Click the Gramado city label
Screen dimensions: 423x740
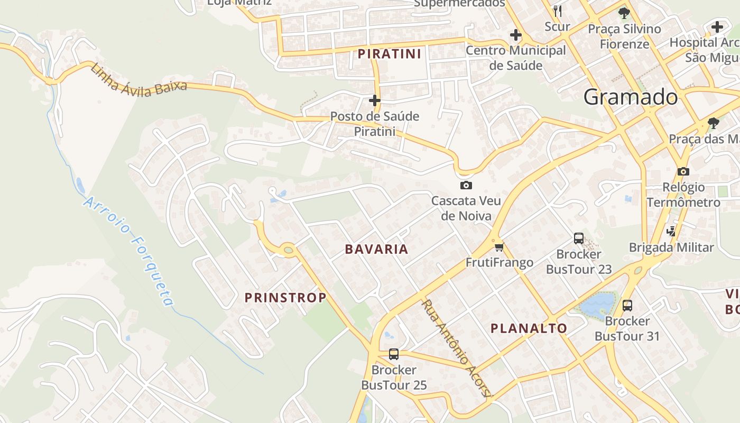click(x=630, y=97)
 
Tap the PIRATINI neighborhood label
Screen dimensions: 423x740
click(x=390, y=53)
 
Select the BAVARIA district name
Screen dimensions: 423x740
click(x=376, y=249)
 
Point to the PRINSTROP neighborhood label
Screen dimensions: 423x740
click(x=285, y=298)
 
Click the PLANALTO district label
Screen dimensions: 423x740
click(x=529, y=328)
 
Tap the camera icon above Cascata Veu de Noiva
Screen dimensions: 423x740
click(x=466, y=185)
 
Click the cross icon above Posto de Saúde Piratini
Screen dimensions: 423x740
click(x=375, y=100)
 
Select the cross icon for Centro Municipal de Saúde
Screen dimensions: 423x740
click(x=515, y=35)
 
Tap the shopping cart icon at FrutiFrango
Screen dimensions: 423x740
click(x=499, y=247)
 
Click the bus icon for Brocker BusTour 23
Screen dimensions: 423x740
click(x=579, y=238)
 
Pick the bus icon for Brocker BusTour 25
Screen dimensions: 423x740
click(x=393, y=354)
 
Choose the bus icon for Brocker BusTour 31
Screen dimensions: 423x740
click(x=627, y=305)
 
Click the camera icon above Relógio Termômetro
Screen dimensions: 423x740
click(x=683, y=171)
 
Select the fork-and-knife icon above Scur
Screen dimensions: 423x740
click(x=557, y=10)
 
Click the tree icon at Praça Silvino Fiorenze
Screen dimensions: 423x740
click(x=624, y=13)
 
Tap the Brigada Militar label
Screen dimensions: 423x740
click(x=671, y=247)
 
